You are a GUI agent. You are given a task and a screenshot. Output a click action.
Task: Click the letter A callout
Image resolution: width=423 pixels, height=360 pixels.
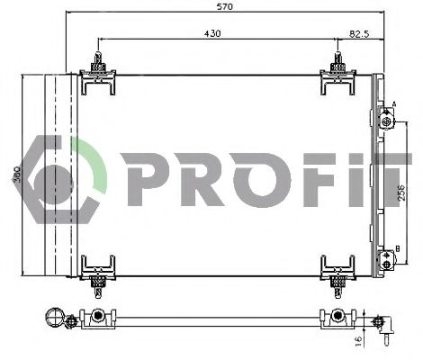[x=393, y=104]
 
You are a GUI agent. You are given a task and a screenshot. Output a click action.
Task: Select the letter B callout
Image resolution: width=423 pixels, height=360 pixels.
[x=396, y=247]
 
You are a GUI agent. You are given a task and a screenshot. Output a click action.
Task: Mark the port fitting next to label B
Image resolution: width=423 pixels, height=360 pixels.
[x=387, y=261]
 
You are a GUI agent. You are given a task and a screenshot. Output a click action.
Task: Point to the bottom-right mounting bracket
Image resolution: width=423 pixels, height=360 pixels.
[x=337, y=270]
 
